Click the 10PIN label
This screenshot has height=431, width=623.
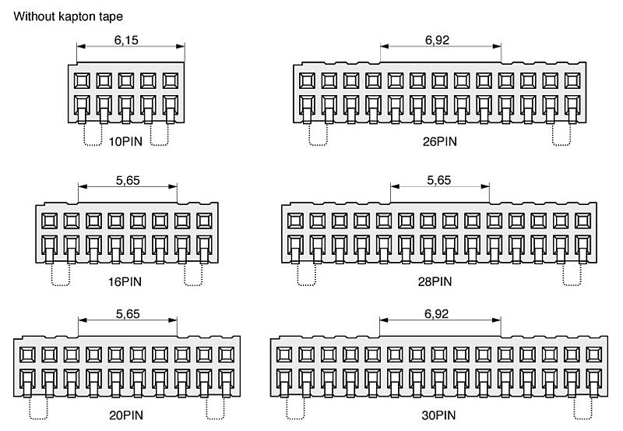coord(125,142)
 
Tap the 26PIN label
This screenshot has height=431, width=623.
coord(439,142)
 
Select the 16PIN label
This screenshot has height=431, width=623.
coord(125,282)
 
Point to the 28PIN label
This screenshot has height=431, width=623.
coord(435,282)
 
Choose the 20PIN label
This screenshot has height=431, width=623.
coord(126,415)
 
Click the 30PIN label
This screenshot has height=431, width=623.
coord(438,415)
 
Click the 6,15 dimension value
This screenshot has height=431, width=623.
coord(126,41)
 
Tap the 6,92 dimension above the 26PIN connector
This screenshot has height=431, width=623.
coord(437,41)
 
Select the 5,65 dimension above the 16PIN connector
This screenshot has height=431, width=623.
coord(128,181)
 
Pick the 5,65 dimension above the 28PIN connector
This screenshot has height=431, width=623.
coord(439,181)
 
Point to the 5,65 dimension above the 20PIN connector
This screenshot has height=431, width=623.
coord(128,315)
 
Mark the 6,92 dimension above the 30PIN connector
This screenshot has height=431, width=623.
coord(437,314)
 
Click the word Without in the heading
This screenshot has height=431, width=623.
coord(34,16)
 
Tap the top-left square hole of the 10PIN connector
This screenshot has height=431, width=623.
coord(82,81)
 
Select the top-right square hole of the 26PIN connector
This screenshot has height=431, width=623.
coord(572,81)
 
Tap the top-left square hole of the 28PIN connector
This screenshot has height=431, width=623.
coord(295,221)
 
